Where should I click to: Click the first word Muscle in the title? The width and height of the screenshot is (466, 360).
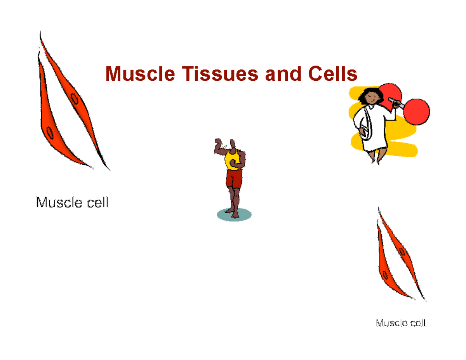pos(140,74)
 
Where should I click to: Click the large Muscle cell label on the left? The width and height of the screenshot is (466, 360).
pos(72,202)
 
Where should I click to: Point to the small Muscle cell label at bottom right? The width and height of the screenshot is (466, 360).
pos(400,323)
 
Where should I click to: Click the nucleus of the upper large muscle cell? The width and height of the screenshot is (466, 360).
pos(74,99)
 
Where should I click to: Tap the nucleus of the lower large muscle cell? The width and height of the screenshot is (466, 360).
pos(50,133)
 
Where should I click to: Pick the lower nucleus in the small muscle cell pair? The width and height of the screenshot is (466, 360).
pos(386,276)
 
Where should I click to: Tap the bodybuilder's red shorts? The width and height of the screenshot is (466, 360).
pos(234,179)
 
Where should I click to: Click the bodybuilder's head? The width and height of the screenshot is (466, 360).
pos(232,144)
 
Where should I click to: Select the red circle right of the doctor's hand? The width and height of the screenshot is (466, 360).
pos(417,111)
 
